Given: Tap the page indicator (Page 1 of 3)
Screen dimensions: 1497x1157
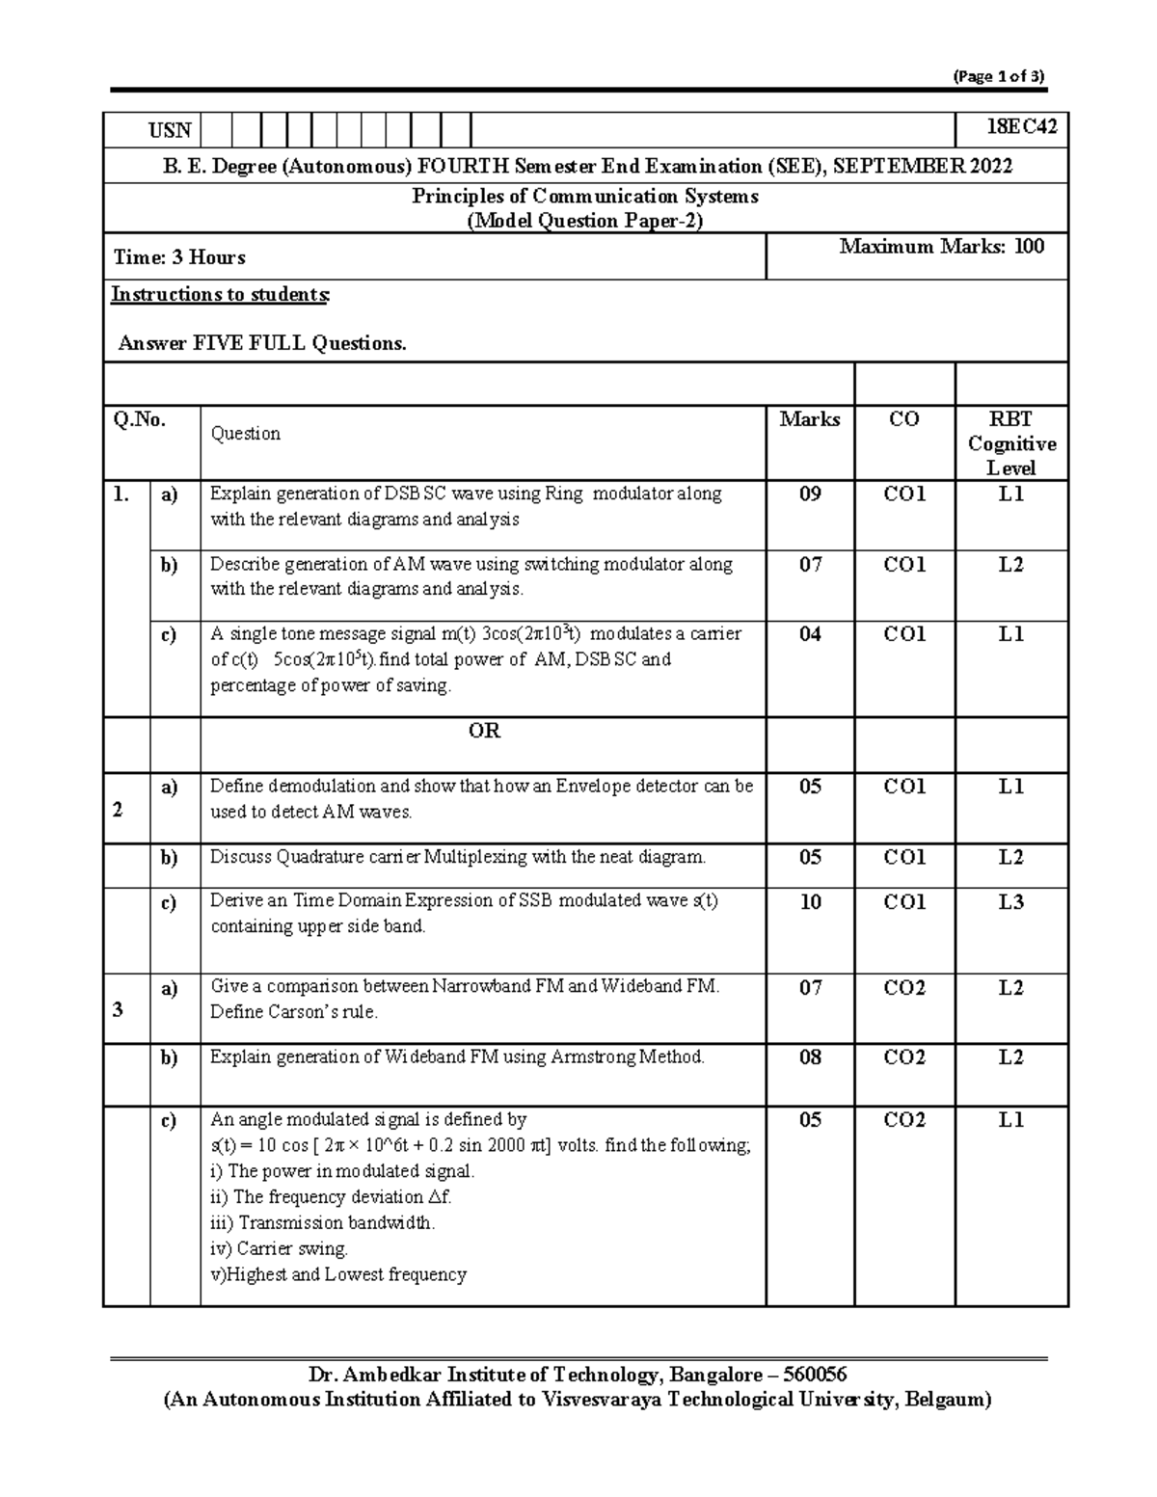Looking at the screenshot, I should [998, 77].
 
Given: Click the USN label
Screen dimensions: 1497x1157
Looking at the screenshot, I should [169, 130].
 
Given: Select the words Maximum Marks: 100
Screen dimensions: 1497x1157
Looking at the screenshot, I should [941, 247].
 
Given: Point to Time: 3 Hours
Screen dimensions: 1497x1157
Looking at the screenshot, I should [179, 257].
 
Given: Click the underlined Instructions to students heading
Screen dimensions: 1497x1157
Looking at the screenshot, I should [220, 294].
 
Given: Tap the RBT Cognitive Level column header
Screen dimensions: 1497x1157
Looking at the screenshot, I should [1010, 443].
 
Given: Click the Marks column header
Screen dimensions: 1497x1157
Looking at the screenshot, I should [809, 419].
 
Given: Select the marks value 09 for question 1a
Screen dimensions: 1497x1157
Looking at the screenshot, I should [810, 495].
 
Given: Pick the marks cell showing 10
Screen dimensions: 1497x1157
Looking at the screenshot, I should [810, 902].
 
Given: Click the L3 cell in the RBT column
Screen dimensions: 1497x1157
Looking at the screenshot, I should [1010, 902].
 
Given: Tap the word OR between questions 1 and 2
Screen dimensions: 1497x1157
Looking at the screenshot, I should [484, 731].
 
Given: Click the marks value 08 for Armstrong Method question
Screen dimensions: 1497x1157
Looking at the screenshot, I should [810, 1057].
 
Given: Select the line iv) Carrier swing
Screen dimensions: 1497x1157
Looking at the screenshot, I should [279, 1248].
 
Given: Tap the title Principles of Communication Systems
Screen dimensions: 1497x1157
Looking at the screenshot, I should [585, 196].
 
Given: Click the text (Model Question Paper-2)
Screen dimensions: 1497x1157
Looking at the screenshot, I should [585, 221].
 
